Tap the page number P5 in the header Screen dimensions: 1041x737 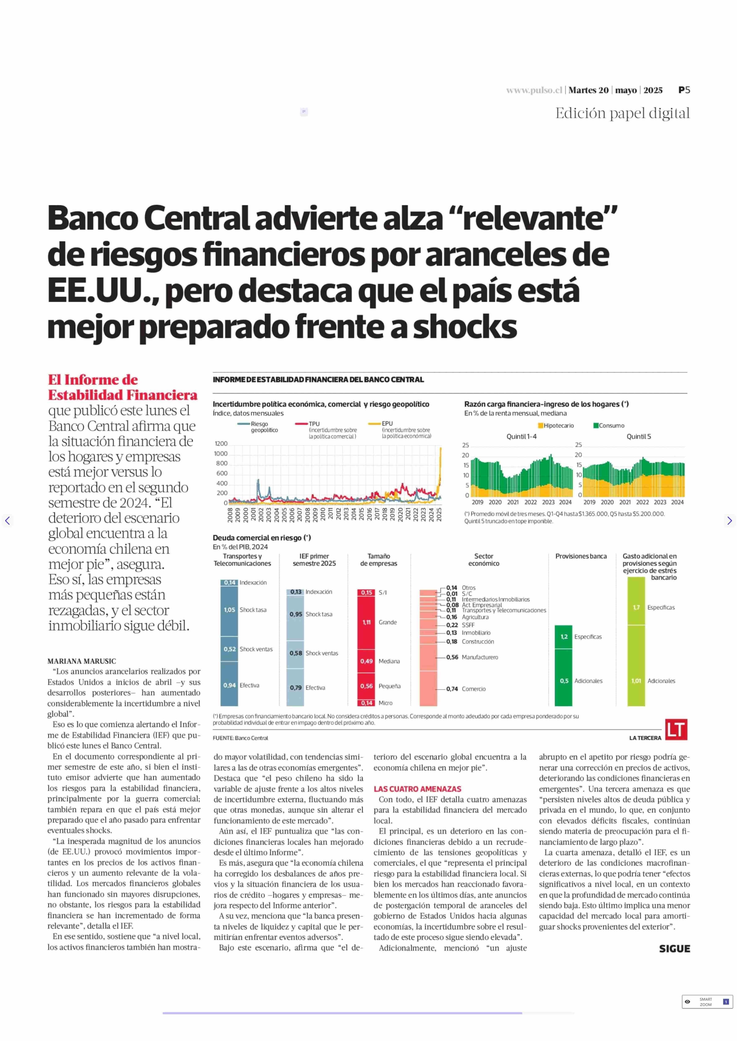tap(684, 90)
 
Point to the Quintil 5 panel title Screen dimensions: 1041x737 tap(638, 436)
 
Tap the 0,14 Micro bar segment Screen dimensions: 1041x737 tap(366, 703)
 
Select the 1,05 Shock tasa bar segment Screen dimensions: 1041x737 tap(229, 610)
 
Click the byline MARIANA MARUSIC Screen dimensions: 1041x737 tap(82, 661)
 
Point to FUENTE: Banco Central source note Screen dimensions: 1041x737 tap(240, 738)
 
